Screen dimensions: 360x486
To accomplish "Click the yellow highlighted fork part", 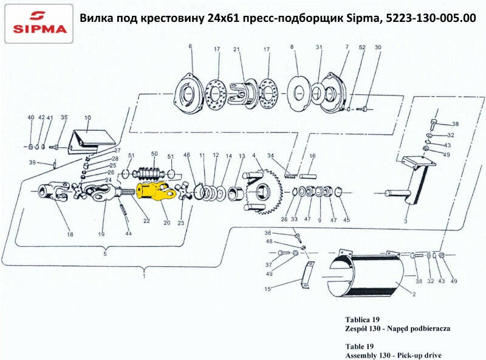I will pos(155,192).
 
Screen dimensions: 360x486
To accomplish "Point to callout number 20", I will pos(166,223).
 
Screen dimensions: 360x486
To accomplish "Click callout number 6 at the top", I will pos(190,47).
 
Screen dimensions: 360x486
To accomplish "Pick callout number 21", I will pos(236,49).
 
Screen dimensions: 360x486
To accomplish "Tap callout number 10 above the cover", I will pos(87,117).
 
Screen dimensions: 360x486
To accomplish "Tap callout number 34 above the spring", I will pos(270,156).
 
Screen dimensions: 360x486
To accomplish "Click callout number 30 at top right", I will pos(378,47).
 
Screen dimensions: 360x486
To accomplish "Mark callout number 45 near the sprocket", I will pos(347,220).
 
